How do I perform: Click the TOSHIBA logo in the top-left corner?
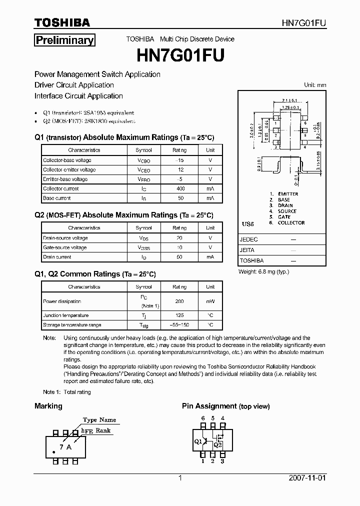(x=62, y=22)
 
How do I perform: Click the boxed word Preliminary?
(x=64, y=40)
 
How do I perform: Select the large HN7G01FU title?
(x=180, y=55)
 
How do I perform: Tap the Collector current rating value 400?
(x=180, y=189)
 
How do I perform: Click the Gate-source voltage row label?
(x=65, y=247)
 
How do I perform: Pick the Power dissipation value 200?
(x=180, y=301)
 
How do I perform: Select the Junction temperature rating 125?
(x=180, y=315)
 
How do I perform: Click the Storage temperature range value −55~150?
(x=180, y=325)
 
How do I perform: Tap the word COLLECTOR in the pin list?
(x=291, y=223)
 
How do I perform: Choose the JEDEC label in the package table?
(x=249, y=239)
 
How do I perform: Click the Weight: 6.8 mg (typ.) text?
(x=264, y=271)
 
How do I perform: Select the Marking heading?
(x=48, y=406)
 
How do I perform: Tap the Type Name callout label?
(x=99, y=420)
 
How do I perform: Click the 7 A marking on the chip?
(x=65, y=447)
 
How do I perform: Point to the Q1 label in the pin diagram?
(x=198, y=441)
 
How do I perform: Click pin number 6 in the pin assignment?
(x=203, y=418)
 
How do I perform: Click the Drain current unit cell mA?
(x=210, y=257)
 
